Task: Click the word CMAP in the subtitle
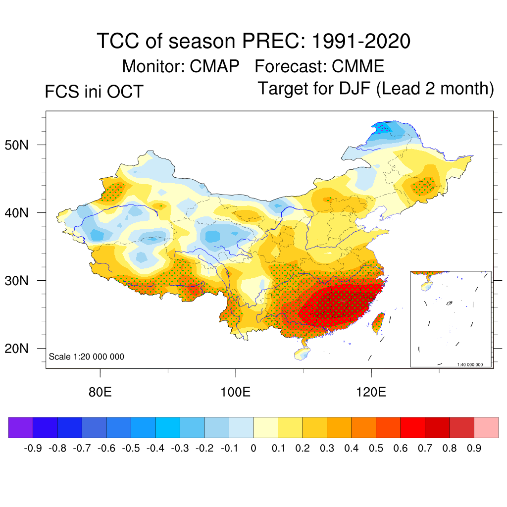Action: coord(214,66)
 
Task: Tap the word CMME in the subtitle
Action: coord(358,66)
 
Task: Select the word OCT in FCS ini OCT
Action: coord(127,92)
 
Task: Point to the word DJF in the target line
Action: coord(353,89)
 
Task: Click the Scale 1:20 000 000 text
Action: coord(87,356)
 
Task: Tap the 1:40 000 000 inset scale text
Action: coord(473,364)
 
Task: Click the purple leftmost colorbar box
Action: coord(21,427)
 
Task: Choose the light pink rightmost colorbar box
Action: coord(486,427)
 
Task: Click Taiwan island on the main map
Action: coord(378,322)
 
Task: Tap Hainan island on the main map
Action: coord(303,353)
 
